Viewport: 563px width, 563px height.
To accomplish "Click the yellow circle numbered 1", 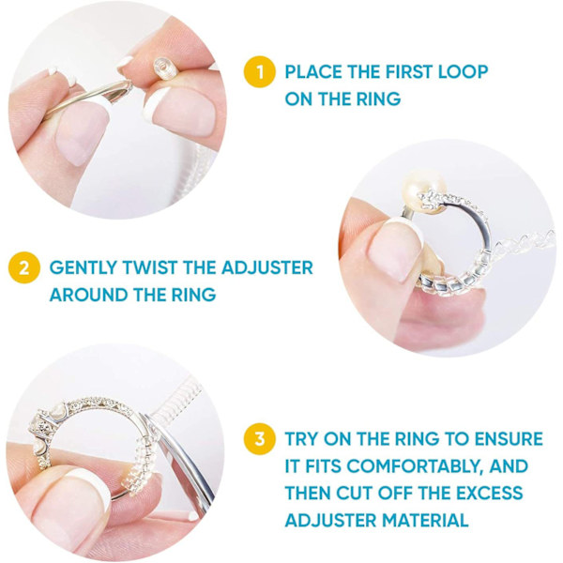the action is click(x=260, y=72).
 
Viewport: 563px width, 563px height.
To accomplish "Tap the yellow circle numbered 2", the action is click(x=24, y=267).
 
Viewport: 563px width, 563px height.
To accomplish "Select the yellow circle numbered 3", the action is click(x=260, y=439).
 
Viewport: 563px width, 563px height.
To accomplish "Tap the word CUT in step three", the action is click(x=355, y=493).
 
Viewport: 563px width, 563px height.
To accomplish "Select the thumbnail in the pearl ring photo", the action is click(x=394, y=251).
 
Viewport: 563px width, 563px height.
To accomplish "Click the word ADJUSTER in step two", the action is click(x=267, y=267).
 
